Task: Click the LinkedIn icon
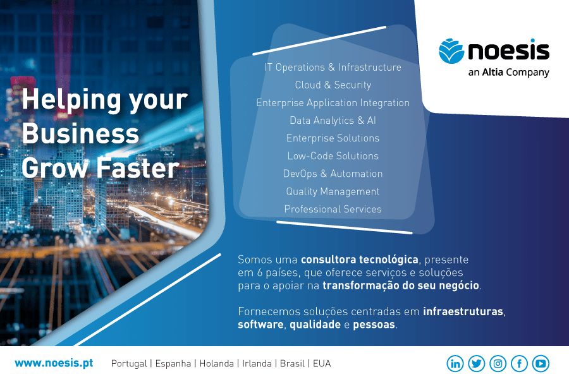pyautogui.click(x=455, y=363)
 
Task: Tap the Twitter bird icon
pyautogui.click(x=477, y=363)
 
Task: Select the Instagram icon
pyautogui.click(x=498, y=363)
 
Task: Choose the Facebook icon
pyautogui.click(x=519, y=363)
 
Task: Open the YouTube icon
pyautogui.click(x=541, y=363)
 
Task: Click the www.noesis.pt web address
pyautogui.click(x=54, y=363)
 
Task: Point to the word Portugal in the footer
pyautogui.click(x=128, y=364)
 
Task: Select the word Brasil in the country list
pyautogui.click(x=292, y=364)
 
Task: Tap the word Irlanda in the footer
pyautogui.click(x=257, y=364)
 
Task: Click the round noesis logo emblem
pyautogui.click(x=451, y=51)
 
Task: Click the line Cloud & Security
pyautogui.click(x=333, y=85)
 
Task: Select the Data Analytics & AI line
pyautogui.click(x=333, y=120)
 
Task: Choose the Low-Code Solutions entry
pyautogui.click(x=333, y=156)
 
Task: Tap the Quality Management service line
pyautogui.click(x=333, y=191)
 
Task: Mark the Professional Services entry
pyautogui.click(x=333, y=209)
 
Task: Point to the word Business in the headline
pyautogui.click(x=80, y=134)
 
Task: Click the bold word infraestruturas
pyautogui.click(x=464, y=311)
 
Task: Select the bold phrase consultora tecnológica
pyautogui.click(x=359, y=260)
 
